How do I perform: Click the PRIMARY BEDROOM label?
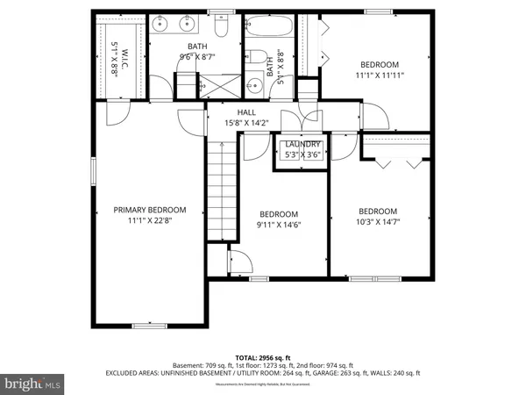click(x=150, y=210)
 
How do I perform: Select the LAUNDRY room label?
click(x=303, y=144)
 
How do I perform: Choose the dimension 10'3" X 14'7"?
click(x=378, y=224)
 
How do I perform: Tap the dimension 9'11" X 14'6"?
click(x=279, y=226)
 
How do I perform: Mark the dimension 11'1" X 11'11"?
click(x=379, y=76)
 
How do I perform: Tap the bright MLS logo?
click(x=32, y=384)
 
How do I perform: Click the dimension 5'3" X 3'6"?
click(x=303, y=155)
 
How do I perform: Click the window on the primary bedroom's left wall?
click(x=94, y=171)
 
